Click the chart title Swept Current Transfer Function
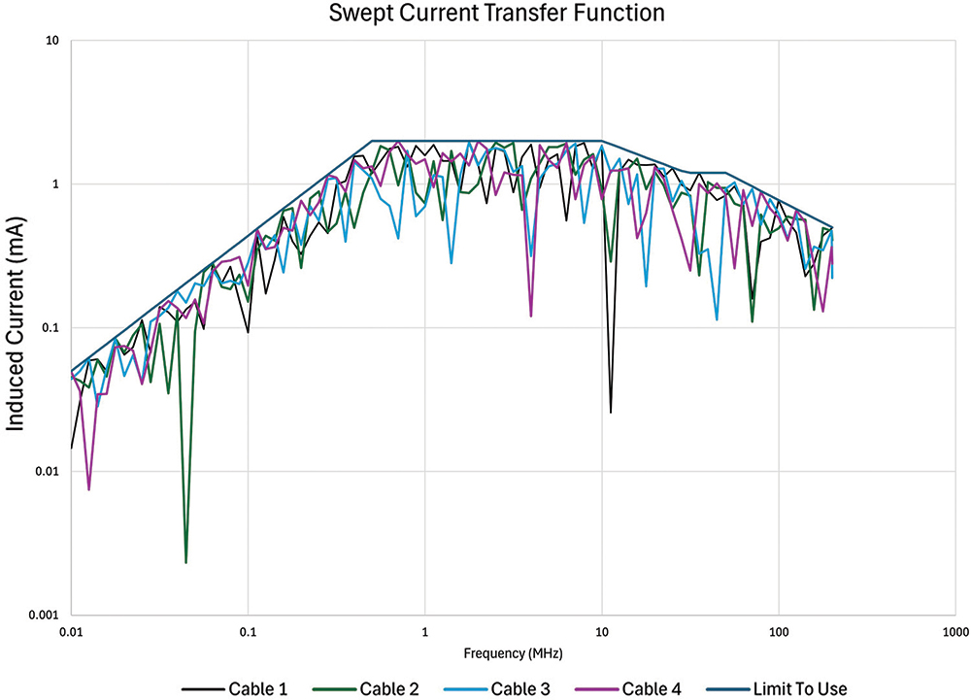pyautogui.click(x=485, y=14)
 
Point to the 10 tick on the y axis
pyautogui.click(x=52, y=41)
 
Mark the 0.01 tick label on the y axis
pyautogui.click(x=48, y=472)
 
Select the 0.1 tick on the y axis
pyautogui.click(x=50, y=328)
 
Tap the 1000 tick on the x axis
pyautogui.click(x=954, y=632)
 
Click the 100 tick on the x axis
pyautogui.click(x=779, y=632)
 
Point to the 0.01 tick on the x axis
pyautogui.click(x=71, y=632)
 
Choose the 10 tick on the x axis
pyautogui.click(x=602, y=632)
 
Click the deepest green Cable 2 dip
pyautogui.click(x=185, y=561)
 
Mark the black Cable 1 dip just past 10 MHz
pyautogui.click(x=611, y=412)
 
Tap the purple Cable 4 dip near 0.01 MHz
pyautogui.click(x=89, y=488)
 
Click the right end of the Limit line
pyautogui.click(x=832, y=227)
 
